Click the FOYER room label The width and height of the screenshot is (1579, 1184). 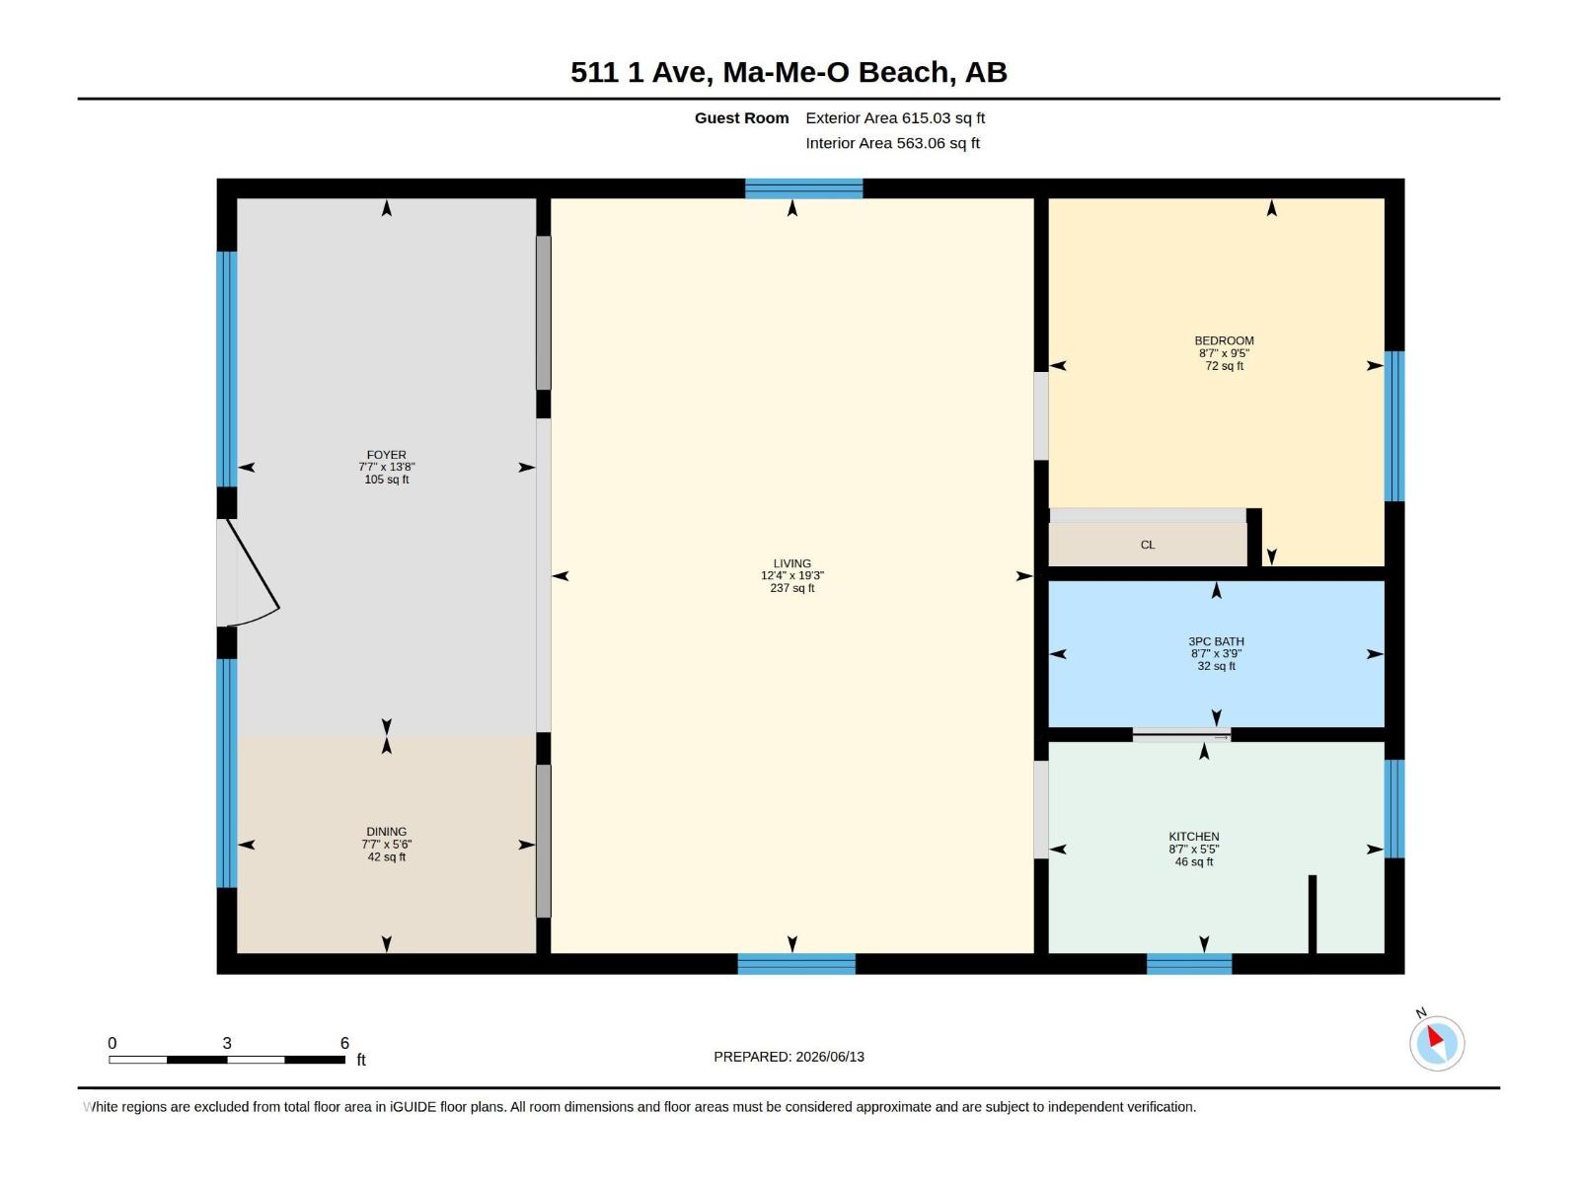coord(386,454)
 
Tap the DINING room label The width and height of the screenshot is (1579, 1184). coord(386,831)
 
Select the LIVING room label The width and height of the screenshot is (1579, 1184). coord(792,563)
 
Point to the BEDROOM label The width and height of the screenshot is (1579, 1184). coord(1224,340)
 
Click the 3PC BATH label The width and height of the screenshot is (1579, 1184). coord(1216,641)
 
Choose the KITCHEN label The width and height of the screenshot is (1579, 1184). coord(1193,836)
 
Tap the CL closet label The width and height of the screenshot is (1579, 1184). coord(1148,545)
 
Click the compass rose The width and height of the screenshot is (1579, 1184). coord(1436,1042)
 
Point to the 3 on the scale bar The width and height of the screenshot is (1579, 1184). coord(227,1043)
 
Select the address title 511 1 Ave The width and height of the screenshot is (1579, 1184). coord(789,72)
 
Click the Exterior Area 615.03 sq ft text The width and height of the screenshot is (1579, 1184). coord(895,117)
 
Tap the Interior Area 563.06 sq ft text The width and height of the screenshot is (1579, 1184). coord(892,143)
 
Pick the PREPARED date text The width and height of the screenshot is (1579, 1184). coord(789,1057)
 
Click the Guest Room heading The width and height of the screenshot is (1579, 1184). coord(741,117)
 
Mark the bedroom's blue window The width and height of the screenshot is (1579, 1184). coord(1394,425)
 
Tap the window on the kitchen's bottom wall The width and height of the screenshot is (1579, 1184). coord(1188,964)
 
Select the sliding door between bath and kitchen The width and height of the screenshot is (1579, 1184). coord(1181,734)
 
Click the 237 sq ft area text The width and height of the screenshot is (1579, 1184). coord(792,588)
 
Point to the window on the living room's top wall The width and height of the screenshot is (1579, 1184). coord(803,188)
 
